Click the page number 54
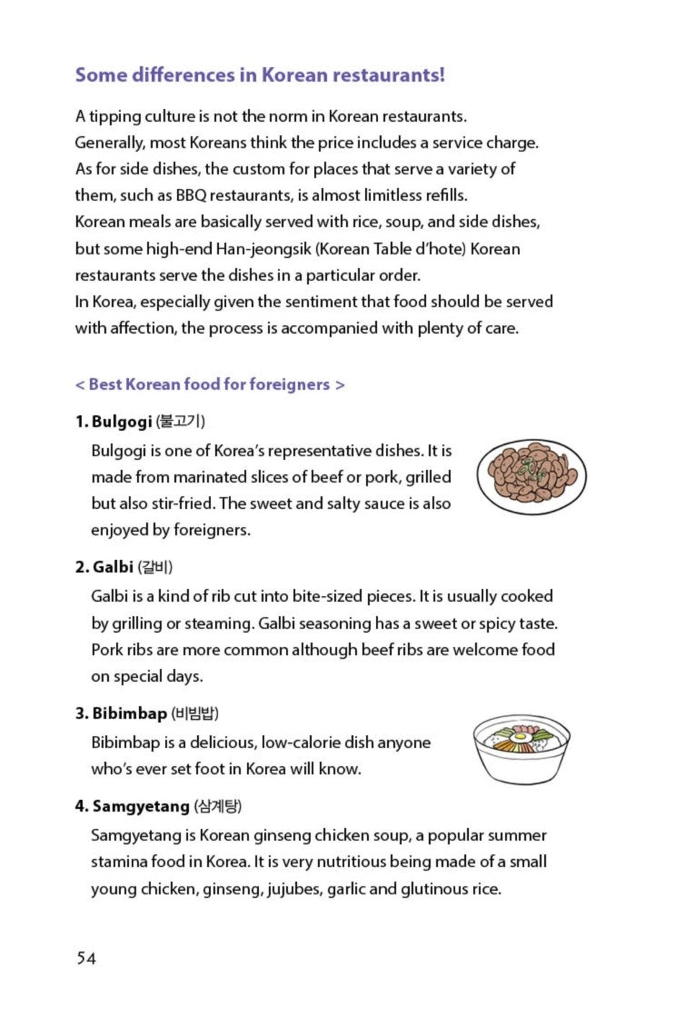pyautogui.click(x=86, y=958)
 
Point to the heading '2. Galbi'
pyautogui.click(x=105, y=567)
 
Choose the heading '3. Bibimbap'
pyautogui.click(x=122, y=714)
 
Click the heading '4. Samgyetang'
pyautogui.click(x=133, y=806)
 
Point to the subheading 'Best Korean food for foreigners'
pyautogui.click(x=209, y=385)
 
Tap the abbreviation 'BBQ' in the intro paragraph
pyautogui.click(x=190, y=195)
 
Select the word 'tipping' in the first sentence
pyautogui.click(x=114, y=117)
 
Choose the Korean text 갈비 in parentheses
pyautogui.click(x=156, y=567)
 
